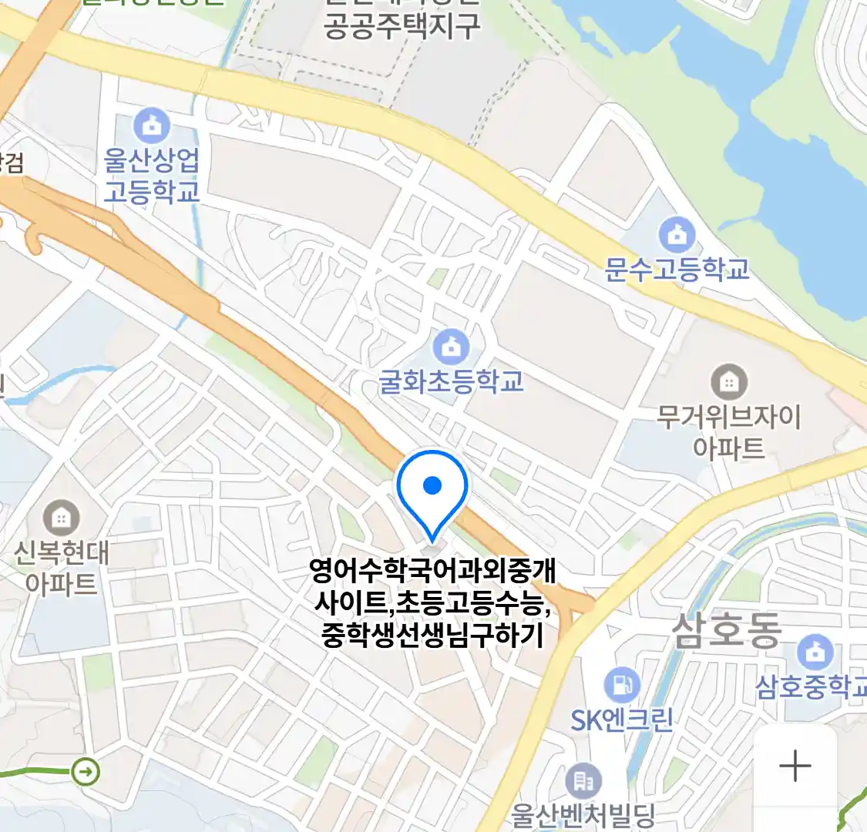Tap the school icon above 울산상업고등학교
point(152,126)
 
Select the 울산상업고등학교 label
point(152,176)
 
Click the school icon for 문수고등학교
point(677,235)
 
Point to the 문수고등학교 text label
point(677,270)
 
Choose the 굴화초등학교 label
point(451,381)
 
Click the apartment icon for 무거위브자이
point(728,381)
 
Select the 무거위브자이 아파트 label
point(728,432)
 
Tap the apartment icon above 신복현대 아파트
point(61,517)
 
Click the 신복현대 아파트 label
point(61,569)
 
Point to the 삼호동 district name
point(726,630)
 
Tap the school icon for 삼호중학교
point(815,652)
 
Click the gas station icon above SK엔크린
point(621,684)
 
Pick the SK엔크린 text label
point(621,720)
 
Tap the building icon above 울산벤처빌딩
point(583,781)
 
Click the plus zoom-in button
point(795,766)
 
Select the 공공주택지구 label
point(402,27)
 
